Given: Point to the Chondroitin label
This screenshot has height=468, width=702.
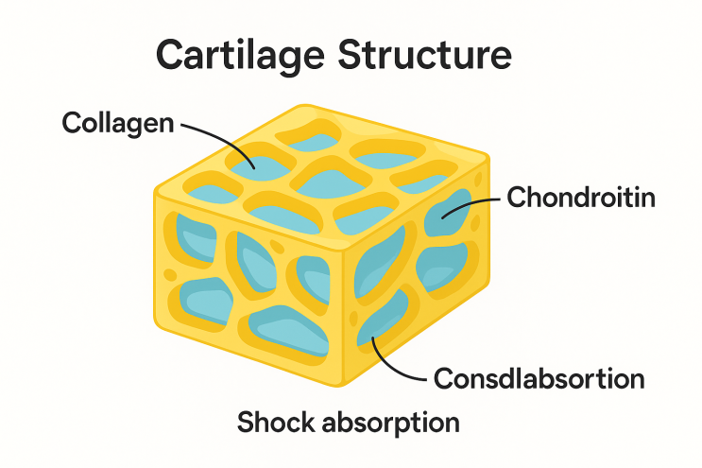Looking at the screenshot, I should (581, 199).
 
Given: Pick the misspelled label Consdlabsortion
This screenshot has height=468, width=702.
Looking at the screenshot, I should (539, 380).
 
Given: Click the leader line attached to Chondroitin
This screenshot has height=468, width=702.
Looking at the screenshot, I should (477, 201).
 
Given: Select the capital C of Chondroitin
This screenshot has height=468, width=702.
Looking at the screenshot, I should (517, 199).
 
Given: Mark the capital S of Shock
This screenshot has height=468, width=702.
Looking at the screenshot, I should (248, 422).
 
